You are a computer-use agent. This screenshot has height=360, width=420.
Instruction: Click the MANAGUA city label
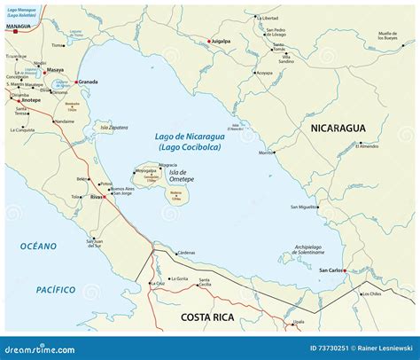click(x=17, y=27)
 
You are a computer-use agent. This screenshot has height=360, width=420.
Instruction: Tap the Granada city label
click(x=89, y=82)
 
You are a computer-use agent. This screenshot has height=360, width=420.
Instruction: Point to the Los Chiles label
click(x=370, y=293)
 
